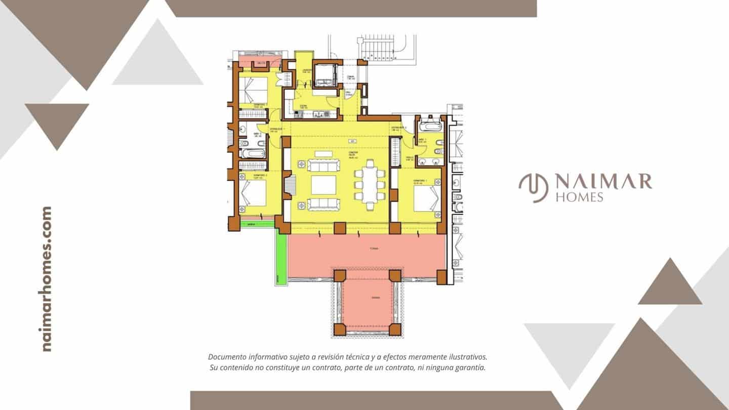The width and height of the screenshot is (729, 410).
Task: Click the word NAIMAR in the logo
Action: tap(603, 181)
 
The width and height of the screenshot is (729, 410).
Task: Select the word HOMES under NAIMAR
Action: tap(579, 197)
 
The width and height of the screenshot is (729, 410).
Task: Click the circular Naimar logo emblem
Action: tap(534, 188)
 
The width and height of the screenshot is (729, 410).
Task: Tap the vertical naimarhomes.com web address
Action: tap(47, 278)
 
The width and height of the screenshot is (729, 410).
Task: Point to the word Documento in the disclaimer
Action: tap(226, 357)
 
